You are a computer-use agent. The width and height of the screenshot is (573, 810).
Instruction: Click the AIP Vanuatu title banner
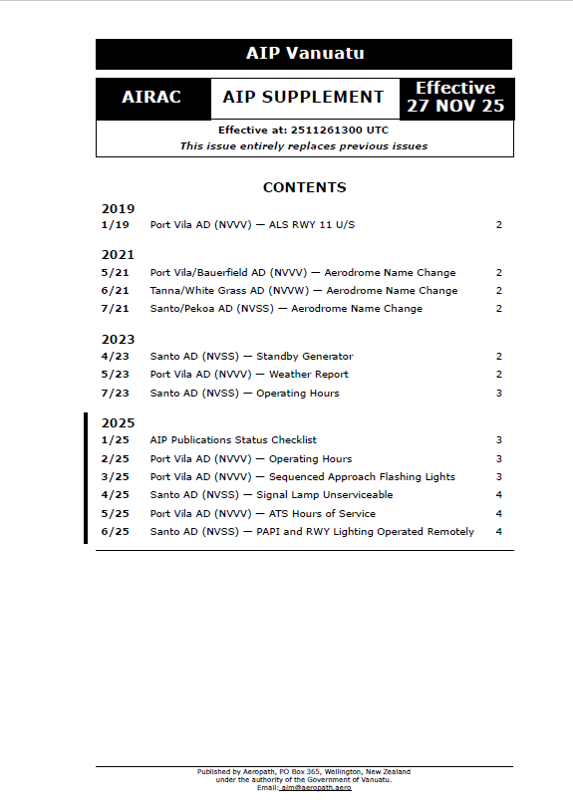point(304,54)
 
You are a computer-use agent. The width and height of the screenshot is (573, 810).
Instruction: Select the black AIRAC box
point(151,98)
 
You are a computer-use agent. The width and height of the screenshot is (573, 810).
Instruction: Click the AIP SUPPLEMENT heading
point(303,98)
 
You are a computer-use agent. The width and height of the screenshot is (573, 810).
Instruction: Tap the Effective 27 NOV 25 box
point(455,98)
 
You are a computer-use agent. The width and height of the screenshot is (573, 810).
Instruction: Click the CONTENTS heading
point(304,187)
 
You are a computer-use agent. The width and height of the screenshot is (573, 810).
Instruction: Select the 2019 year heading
point(118,209)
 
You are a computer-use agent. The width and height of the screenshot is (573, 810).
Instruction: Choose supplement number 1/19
point(116,225)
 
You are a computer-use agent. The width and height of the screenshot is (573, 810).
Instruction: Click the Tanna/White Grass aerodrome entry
point(304,291)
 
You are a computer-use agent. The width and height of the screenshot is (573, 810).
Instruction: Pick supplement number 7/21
point(116,309)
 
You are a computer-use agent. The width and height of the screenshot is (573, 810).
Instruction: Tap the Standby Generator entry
point(251,357)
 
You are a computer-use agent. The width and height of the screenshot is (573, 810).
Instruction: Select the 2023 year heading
point(118,340)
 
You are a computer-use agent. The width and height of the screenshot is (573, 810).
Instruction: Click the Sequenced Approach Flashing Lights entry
point(302,477)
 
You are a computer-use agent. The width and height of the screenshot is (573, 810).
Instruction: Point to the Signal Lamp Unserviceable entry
point(271,495)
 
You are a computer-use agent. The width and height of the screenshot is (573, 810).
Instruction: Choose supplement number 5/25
point(116,514)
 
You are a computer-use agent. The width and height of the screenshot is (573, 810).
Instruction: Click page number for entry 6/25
point(498,532)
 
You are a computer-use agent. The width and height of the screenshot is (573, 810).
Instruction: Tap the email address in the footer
point(316,788)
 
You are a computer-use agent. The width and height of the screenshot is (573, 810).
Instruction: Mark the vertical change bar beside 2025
point(86,478)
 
